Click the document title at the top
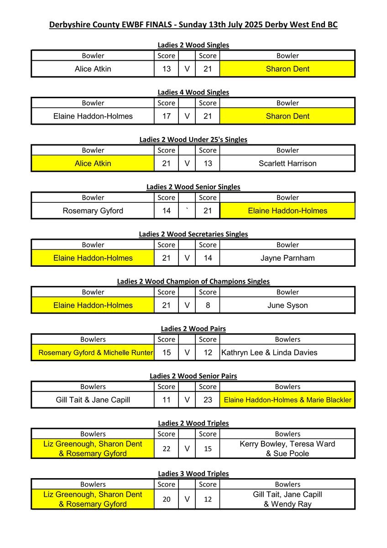click(193, 25)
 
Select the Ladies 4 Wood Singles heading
click(193, 92)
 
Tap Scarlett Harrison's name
click(288, 163)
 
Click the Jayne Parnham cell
click(288, 258)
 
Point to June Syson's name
click(288, 306)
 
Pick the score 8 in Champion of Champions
click(208, 306)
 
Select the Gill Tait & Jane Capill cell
click(93, 400)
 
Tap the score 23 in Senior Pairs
click(208, 400)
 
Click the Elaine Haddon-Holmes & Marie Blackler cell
click(288, 400)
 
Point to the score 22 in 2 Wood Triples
click(167, 449)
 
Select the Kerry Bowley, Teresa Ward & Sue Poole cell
click(288, 449)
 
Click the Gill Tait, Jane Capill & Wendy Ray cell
click(288, 499)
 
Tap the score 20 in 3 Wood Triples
click(167, 499)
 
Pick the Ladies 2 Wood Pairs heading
click(193, 329)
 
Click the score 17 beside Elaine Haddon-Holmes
click(167, 116)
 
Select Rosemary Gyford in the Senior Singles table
click(93, 211)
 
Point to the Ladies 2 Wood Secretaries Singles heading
click(193, 234)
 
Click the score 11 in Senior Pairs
click(167, 400)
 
